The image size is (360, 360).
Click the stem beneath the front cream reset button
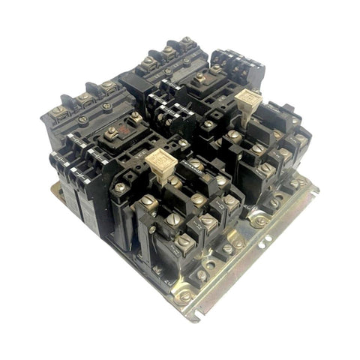click(160, 174)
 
